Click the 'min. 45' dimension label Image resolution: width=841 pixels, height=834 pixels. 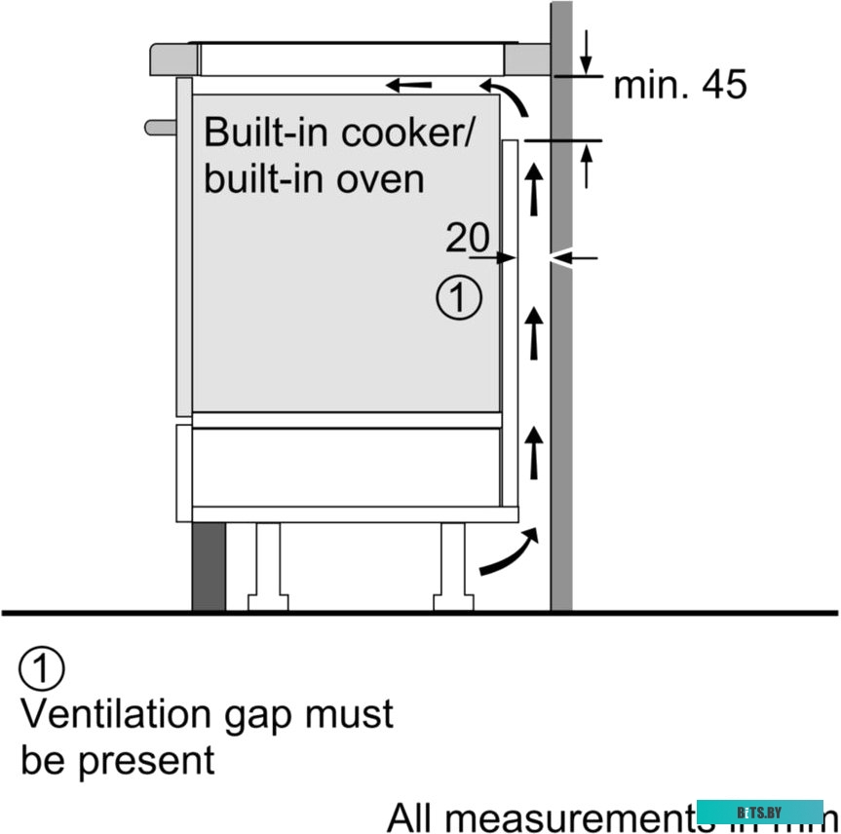coord(679,86)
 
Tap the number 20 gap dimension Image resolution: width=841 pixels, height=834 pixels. coord(467,237)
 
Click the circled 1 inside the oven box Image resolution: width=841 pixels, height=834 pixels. coord(459,297)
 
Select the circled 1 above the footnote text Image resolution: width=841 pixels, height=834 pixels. coord(42,669)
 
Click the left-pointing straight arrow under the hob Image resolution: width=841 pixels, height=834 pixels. coord(409,86)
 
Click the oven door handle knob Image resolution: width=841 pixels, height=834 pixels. coord(159,126)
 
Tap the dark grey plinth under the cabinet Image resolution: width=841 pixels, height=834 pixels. coord(209,567)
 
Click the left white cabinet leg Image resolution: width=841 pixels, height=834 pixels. coord(266,567)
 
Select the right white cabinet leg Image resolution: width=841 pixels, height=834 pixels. coord(453,567)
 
